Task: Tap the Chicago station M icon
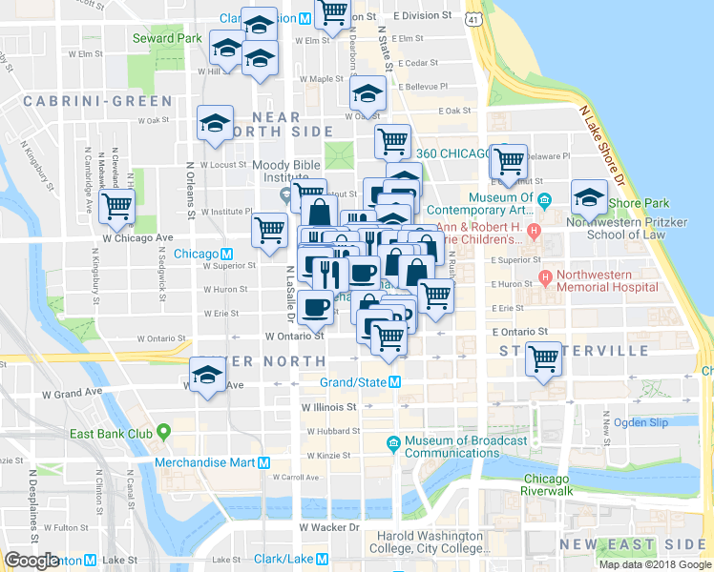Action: click(x=227, y=255)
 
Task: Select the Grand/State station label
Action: click(x=352, y=382)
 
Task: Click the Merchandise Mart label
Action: click(x=209, y=462)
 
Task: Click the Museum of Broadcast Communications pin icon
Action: click(x=393, y=442)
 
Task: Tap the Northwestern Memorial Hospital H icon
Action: click(x=545, y=278)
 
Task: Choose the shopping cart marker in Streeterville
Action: click(x=544, y=359)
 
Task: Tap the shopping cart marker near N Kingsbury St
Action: click(x=116, y=205)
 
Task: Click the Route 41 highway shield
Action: click(x=474, y=18)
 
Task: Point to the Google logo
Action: click(x=32, y=561)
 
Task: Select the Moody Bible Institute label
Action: click(x=284, y=172)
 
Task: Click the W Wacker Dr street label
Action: click(x=329, y=526)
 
